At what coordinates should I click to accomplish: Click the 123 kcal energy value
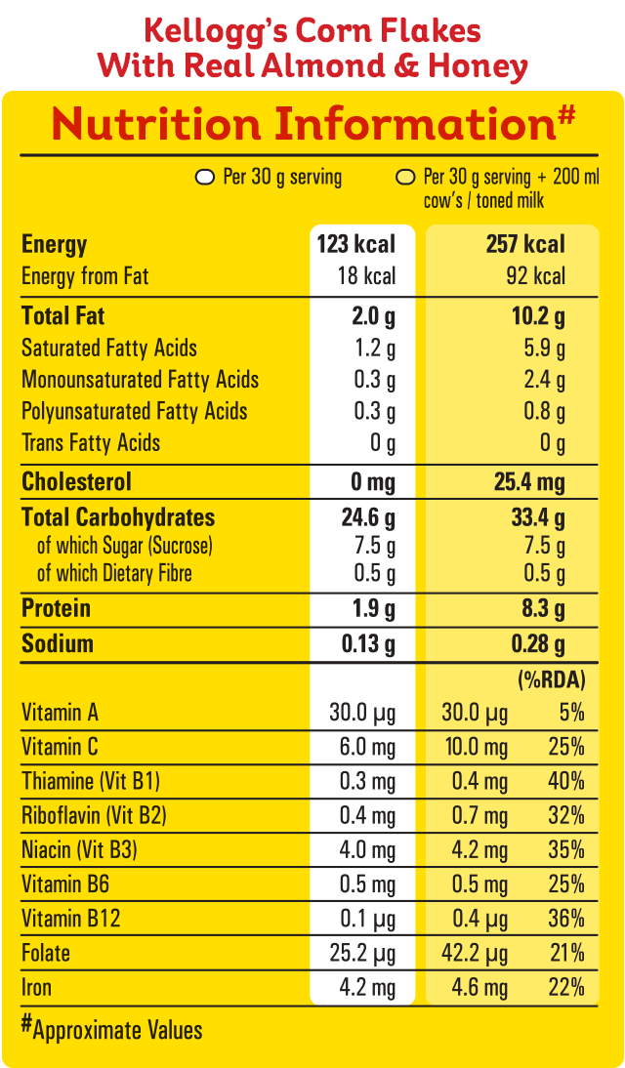click(355, 244)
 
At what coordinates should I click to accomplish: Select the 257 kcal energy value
click(525, 244)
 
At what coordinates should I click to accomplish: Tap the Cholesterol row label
click(76, 482)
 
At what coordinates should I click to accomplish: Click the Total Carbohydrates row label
click(118, 517)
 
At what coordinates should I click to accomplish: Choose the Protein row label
click(56, 608)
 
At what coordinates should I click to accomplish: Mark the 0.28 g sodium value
click(538, 644)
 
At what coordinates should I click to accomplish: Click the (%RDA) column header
click(551, 678)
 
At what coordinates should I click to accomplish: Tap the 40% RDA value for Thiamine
click(566, 781)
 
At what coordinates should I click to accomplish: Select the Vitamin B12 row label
click(71, 919)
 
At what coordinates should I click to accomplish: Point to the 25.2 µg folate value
click(362, 953)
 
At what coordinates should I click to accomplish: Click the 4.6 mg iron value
click(479, 988)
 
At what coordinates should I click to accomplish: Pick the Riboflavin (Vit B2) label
click(91, 815)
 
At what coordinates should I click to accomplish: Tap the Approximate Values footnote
click(112, 1029)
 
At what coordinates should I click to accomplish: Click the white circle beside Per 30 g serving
click(205, 178)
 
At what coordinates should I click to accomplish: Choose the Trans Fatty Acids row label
click(91, 443)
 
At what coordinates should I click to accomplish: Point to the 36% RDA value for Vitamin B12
click(566, 919)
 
